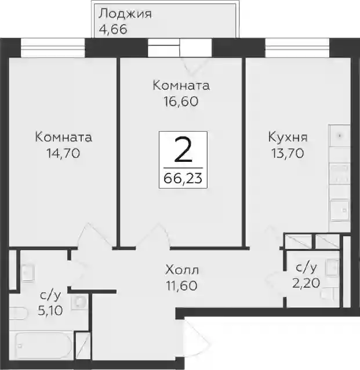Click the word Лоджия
(x=125, y=14)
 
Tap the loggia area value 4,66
(x=113, y=30)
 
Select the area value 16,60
(x=181, y=101)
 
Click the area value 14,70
(x=63, y=154)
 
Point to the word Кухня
(x=288, y=137)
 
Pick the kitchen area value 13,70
(x=288, y=154)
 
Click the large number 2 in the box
(x=183, y=150)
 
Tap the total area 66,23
(x=183, y=179)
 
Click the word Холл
(x=182, y=270)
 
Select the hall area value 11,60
(x=181, y=286)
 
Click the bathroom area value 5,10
(x=50, y=311)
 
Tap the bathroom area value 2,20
(x=306, y=283)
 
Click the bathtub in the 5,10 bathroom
(x=44, y=346)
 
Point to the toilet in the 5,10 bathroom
(x=19, y=313)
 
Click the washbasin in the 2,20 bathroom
(x=332, y=267)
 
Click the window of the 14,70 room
(x=53, y=48)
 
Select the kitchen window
(x=297, y=48)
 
